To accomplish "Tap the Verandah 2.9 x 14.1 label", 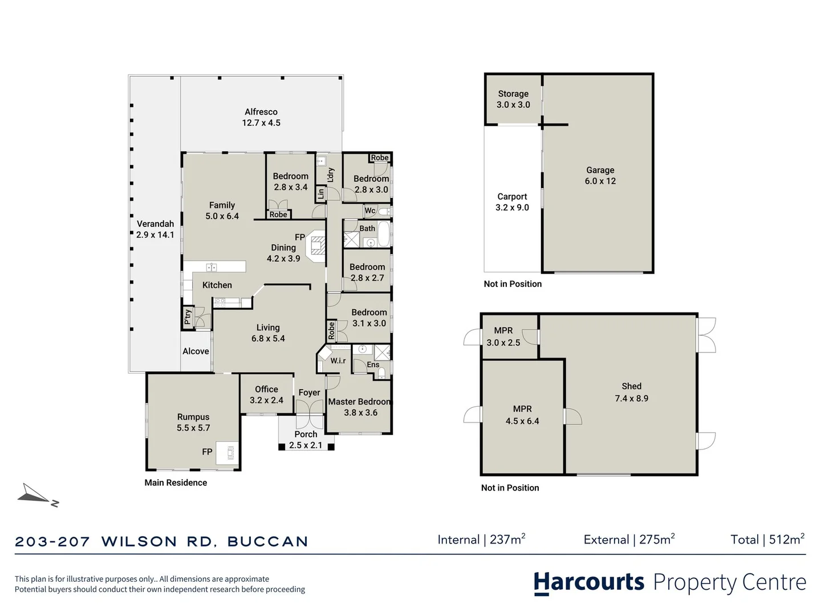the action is [x=155, y=229].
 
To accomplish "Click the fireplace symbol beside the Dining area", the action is [x=316, y=246].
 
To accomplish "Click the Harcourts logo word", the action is [x=589, y=582].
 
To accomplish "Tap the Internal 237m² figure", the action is [x=481, y=540].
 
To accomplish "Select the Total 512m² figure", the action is [x=767, y=540].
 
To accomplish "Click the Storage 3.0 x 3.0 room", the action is [x=513, y=99].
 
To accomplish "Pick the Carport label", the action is [x=512, y=196].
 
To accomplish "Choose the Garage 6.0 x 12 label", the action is [x=600, y=176].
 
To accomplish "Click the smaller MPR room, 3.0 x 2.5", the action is [x=510, y=337].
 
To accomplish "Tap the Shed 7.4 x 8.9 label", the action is [x=631, y=392].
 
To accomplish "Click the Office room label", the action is [x=266, y=390].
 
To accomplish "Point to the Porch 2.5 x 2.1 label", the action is [x=306, y=439].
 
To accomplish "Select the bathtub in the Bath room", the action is [x=383, y=233].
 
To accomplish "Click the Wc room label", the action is [x=370, y=210].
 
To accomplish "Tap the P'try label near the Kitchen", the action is [x=188, y=317].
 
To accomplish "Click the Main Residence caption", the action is [x=176, y=483].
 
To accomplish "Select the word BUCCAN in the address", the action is [x=268, y=542].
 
